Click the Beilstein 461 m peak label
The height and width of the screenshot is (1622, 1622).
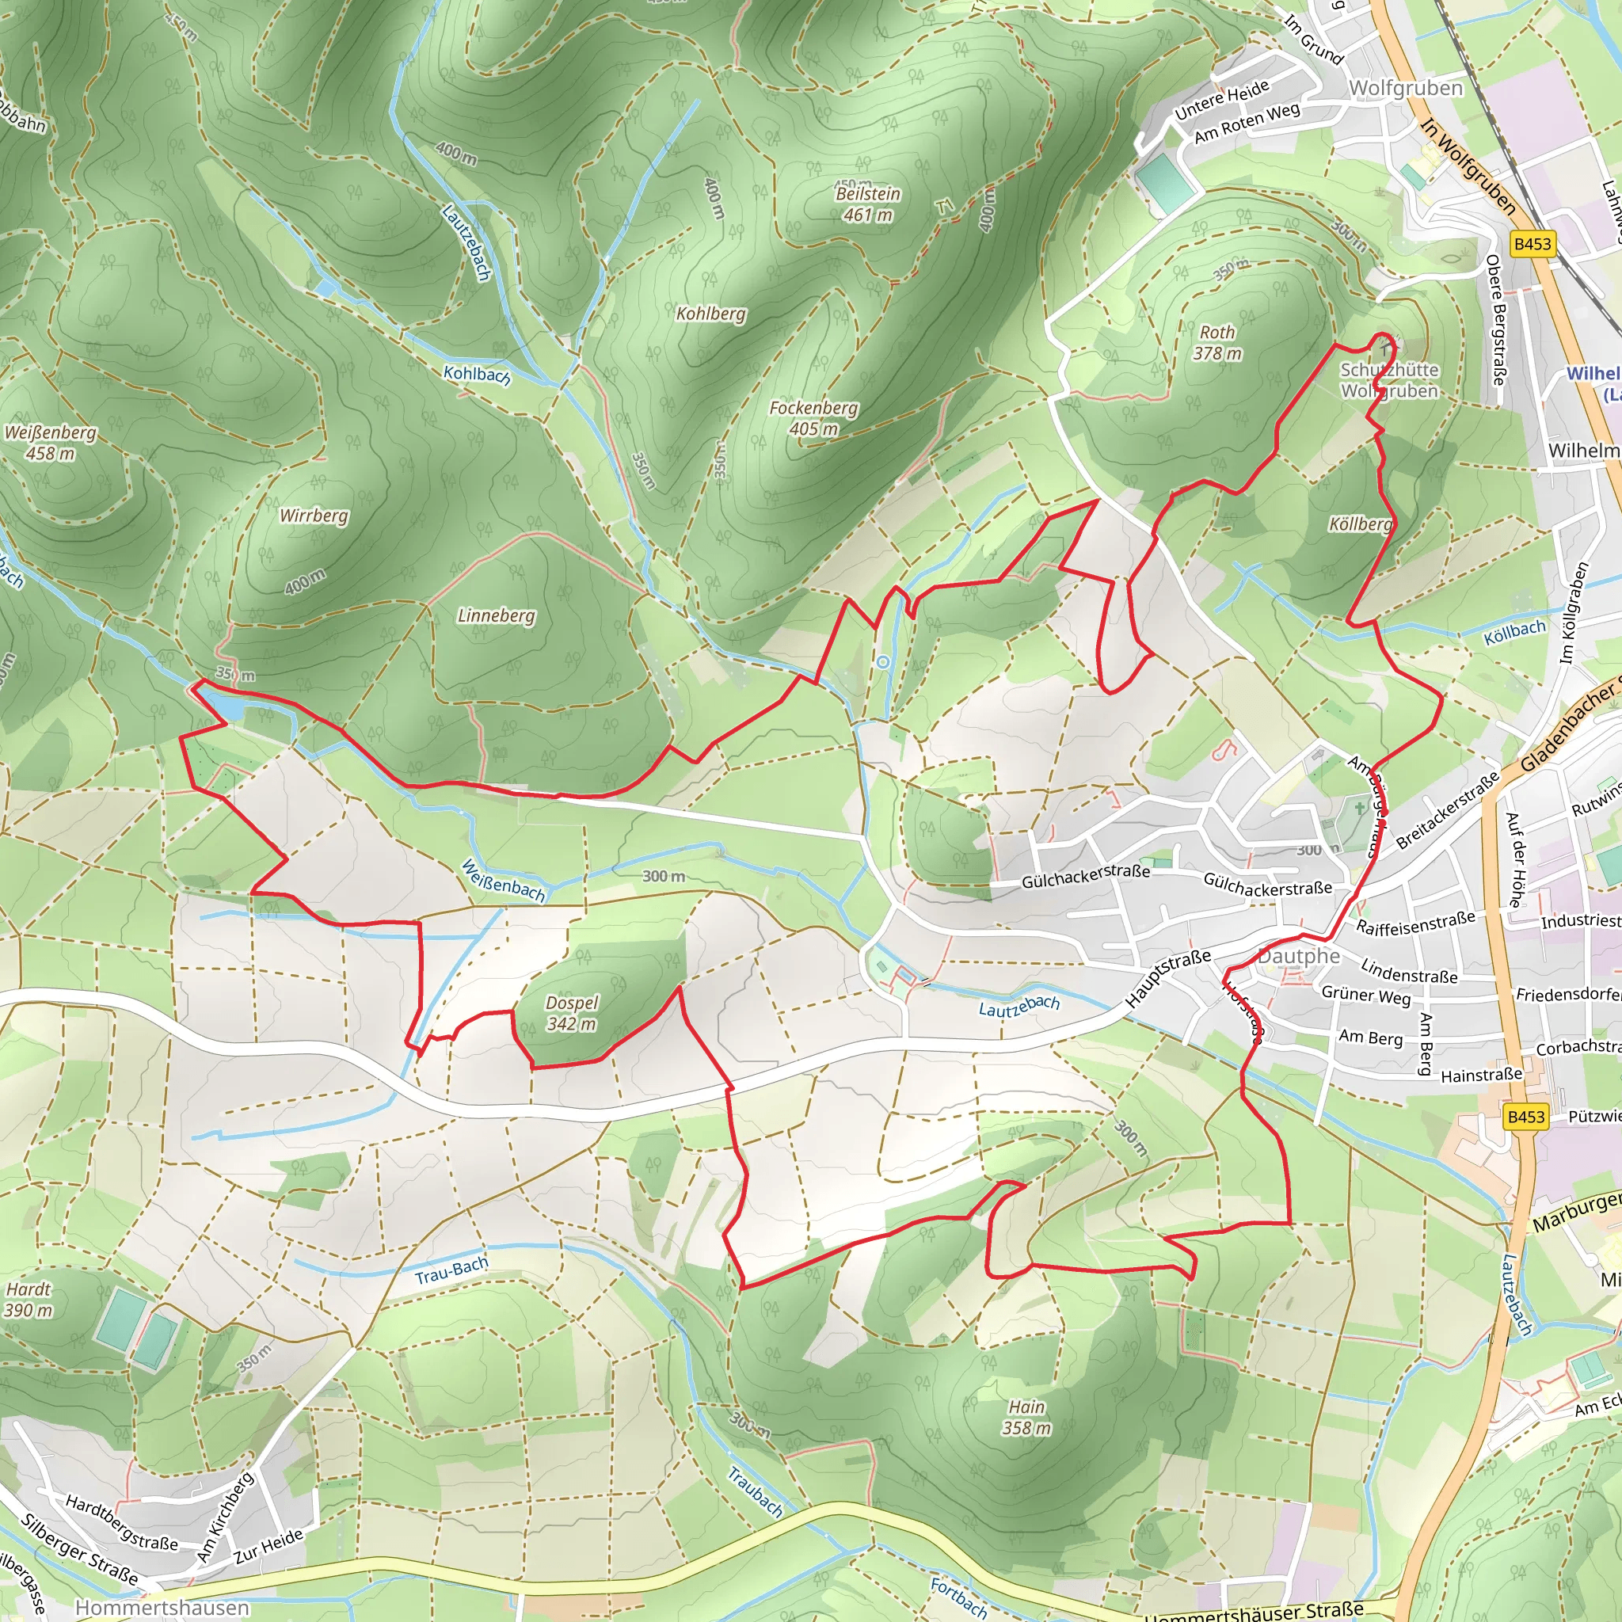(x=868, y=204)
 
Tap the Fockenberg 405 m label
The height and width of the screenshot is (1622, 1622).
(x=813, y=418)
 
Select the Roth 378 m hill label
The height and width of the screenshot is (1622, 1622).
(x=1217, y=342)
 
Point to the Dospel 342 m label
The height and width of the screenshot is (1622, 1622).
(x=572, y=1013)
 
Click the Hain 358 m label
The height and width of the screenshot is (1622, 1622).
(x=1026, y=1417)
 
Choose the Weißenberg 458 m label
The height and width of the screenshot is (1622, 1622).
(x=51, y=443)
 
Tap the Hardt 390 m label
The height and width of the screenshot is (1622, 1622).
(x=29, y=1300)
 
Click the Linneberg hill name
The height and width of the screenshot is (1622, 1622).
(x=496, y=615)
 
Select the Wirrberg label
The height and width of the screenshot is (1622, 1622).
(x=314, y=516)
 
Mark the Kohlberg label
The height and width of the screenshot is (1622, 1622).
(x=711, y=314)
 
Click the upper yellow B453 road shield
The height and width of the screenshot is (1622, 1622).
(x=1533, y=244)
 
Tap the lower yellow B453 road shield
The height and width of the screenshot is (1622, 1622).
(x=1525, y=1117)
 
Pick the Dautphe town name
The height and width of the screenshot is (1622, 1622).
(x=1299, y=956)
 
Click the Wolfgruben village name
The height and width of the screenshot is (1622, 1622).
(x=1406, y=88)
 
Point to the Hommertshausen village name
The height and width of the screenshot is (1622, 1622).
(x=162, y=1607)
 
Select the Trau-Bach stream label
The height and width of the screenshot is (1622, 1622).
(x=451, y=1271)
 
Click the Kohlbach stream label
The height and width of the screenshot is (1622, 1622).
(x=477, y=375)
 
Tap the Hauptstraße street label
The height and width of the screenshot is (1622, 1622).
(x=1168, y=978)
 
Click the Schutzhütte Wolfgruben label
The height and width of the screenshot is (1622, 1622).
(x=1389, y=380)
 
